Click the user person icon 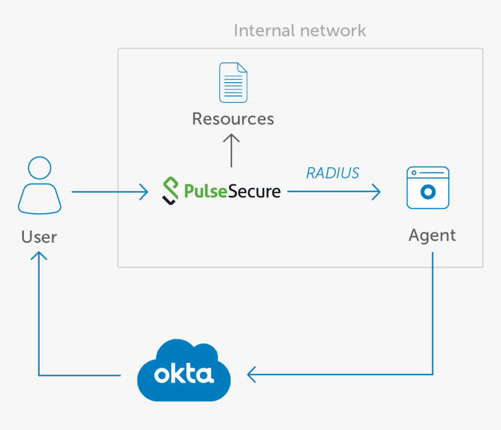40,185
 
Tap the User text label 39,237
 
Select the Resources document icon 233,83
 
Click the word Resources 233,119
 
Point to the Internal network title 299,30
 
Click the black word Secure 254,191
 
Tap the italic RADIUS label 333,172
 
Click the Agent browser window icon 428,188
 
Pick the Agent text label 432,235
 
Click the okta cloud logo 184,371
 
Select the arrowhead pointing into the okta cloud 251,374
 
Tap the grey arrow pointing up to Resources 232,150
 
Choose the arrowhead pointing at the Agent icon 376,191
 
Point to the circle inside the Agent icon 428,192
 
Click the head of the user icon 40,167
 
